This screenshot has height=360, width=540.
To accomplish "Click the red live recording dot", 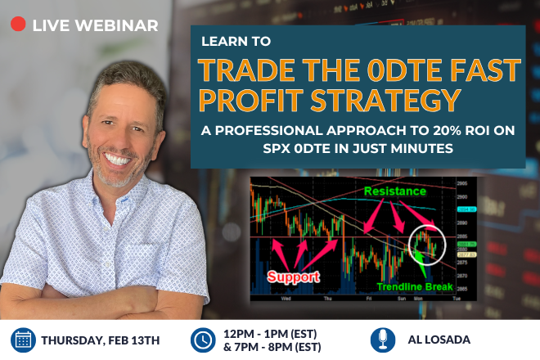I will point(17,25).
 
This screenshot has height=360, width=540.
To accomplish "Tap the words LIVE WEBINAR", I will point(95,25).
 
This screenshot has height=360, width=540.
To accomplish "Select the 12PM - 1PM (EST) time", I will point(271,332).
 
